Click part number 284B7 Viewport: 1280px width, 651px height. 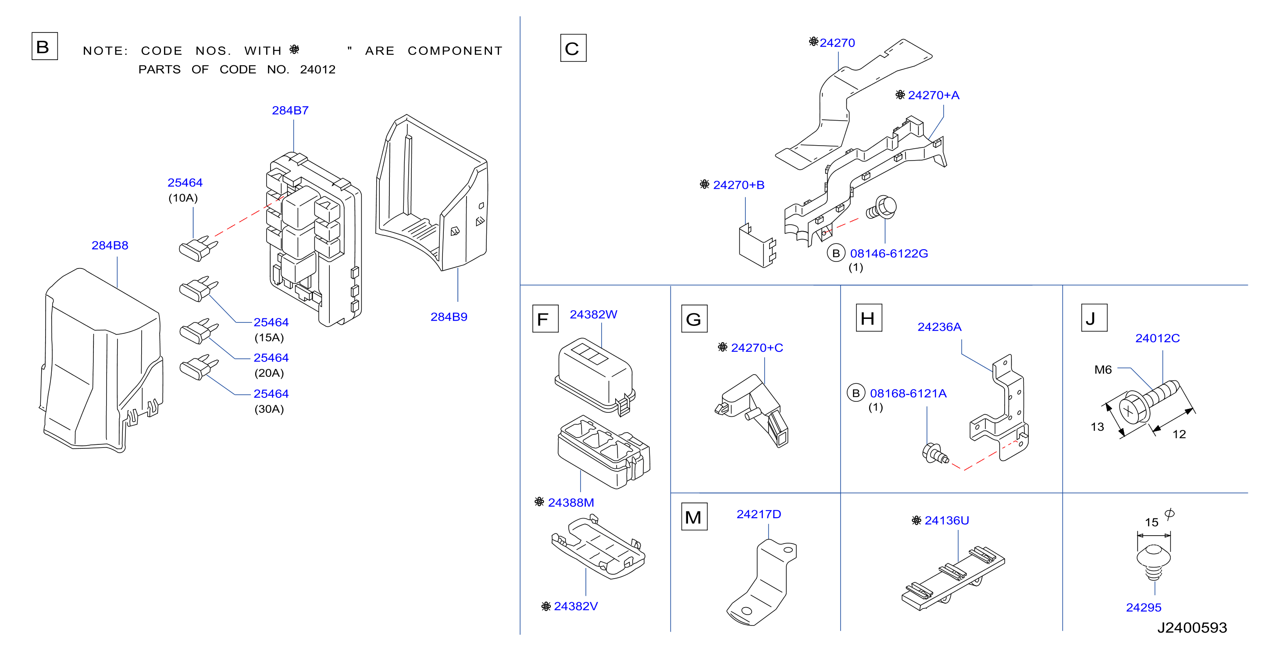pyautogui.click(x=290, y=110)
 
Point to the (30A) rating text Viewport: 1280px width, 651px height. pyautogui.click(x=269, y=409)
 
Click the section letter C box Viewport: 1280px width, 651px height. pyautogui.click(x=573, y=48)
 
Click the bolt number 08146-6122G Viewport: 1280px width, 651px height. pyautogui.click(x=888, y=254)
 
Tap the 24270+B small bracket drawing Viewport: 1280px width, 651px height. pyautogui.click(x=757, y=246)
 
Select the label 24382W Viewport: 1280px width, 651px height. pyautogui.click(x=593, y=315)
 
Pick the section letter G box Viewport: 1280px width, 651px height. pyautogui.click(x=694, y=318)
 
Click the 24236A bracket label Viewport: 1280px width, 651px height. pyautogui.click(x=939, y=327)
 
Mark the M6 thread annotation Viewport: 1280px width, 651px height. pyautogui.click(x=1102, y=370)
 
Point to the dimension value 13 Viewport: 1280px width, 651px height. pyautogui.click(x=1097, y=427)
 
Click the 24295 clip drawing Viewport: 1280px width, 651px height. pyautogui.click(x=1154, y=562)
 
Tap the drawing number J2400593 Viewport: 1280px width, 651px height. pyautogui.click(x=1191, y=628)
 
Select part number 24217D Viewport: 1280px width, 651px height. pyautogui.click(x=758, y=514)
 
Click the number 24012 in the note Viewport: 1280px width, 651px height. pyautogui.click(x=317, y=70)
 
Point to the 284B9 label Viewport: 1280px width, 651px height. pyautogui.click(x=449, y=317)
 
